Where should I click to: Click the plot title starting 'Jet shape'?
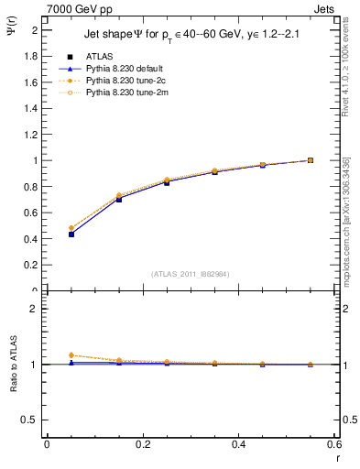coord(193,36)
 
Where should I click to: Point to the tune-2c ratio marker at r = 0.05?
coord(71,355)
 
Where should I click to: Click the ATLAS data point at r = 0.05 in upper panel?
coord(71,234)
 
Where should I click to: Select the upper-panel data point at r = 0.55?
coord(311,160)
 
